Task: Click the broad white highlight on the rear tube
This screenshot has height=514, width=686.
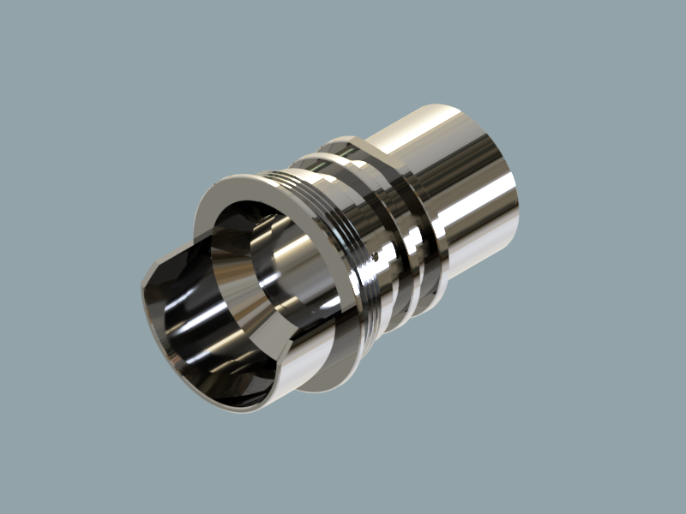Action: click(x=480, y=214)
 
